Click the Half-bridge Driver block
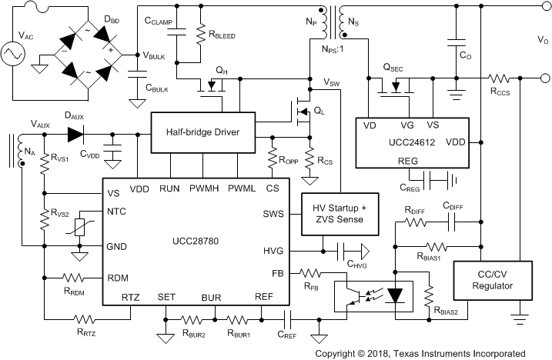point(202,132)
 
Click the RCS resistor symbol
point(310,161)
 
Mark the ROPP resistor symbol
point(273,158)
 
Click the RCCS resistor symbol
point(501,78)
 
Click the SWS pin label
point(273,214)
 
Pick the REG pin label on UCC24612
point(408,161)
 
